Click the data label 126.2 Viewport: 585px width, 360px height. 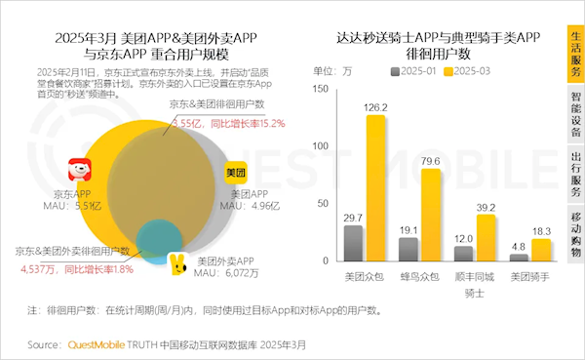375,106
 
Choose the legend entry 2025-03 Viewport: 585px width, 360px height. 472,71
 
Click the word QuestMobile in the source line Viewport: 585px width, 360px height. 97,344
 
